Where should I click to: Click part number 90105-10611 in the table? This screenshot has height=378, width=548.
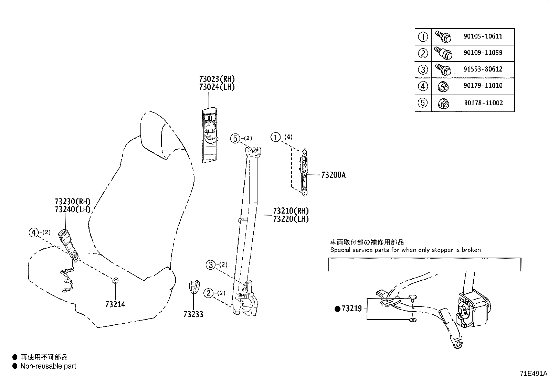click(x=483, y=36)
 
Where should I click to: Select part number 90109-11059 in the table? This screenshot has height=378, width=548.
click(x=483, y=53)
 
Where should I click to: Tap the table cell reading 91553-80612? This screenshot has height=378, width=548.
click(x=483, y=69)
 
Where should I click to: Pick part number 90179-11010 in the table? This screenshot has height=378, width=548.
click(x=483, y=86)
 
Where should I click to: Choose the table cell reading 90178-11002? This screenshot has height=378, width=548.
click(x=483, y=103)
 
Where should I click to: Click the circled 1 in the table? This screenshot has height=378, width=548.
click(x=423, y=36)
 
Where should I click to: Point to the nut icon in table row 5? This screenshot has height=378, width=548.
click(x=443, y=103)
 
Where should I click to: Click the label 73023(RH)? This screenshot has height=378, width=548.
click(x=217, y=79)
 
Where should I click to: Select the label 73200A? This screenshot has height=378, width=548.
click(x=333, y=175)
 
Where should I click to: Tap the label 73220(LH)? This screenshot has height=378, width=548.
click(x=291, y=219)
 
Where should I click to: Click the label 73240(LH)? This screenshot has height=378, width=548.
click(x=73, y=209)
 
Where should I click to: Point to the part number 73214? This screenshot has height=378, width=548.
click(x=115, y=304)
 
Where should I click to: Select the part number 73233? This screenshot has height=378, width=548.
click(x=193, y=314)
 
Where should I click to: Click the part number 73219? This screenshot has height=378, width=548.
click(x=351, y=309)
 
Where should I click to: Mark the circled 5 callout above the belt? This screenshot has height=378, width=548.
click(x=235, y=139)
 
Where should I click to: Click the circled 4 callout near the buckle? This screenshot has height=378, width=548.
click(x=33, y=233)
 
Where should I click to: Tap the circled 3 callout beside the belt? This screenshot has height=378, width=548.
click(x=211, y=265)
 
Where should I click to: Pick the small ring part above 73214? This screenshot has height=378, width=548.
click(x=115, y=281)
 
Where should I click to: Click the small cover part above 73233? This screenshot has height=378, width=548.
click(x=194, y=287)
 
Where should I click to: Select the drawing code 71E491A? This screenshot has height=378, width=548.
click(x=533, y=374)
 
